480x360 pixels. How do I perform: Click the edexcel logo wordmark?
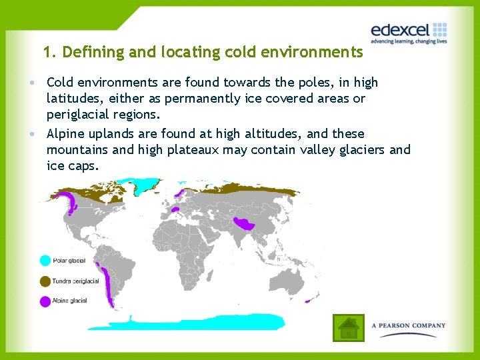[400, 30]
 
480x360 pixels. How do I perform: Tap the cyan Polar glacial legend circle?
[45, 261]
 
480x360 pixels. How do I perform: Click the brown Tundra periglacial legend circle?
[45, 281]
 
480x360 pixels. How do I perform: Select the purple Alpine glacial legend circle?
[45, 301]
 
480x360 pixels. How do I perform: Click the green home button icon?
[348, 327]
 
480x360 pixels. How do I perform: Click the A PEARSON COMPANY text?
[409, 326]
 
